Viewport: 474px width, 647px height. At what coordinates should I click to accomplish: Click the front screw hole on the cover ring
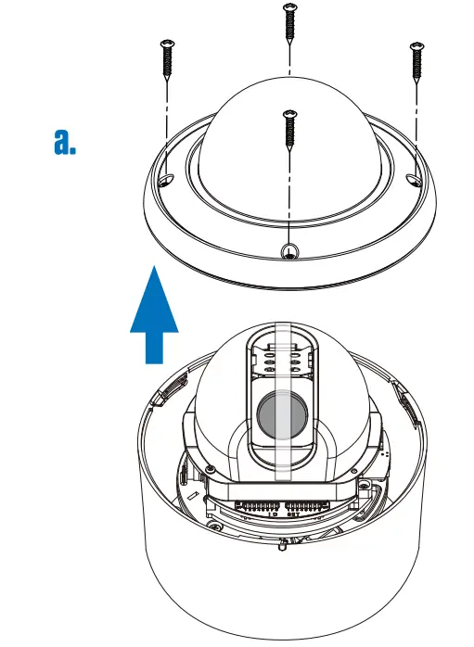(290, 248)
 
